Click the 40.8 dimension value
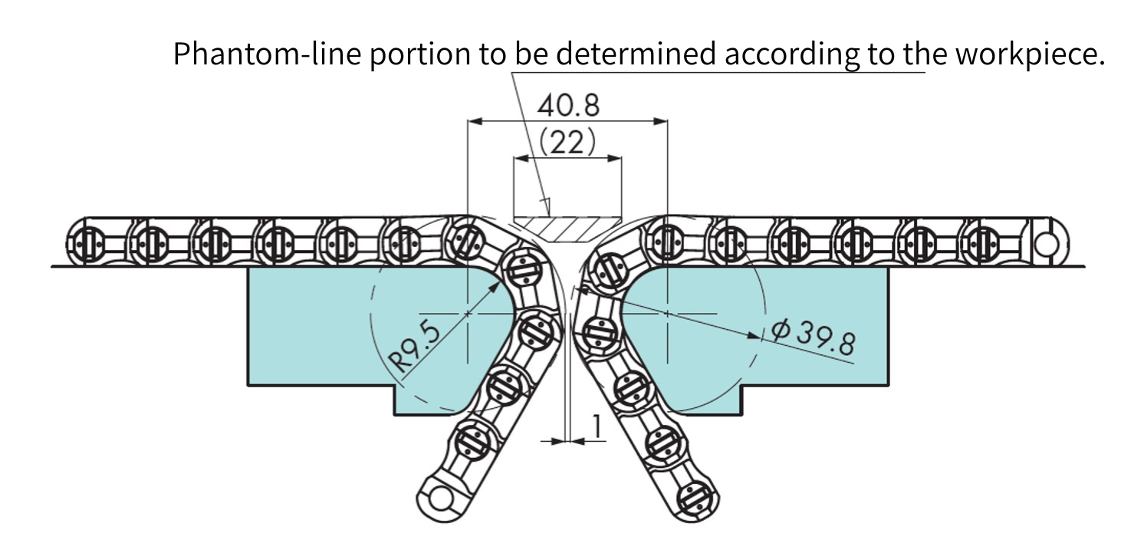pyautogui.click(x=567, y=105)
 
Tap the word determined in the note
pyautogui.click(x=637, y=54)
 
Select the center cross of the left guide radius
pyautogui.click(x=467, y=314)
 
